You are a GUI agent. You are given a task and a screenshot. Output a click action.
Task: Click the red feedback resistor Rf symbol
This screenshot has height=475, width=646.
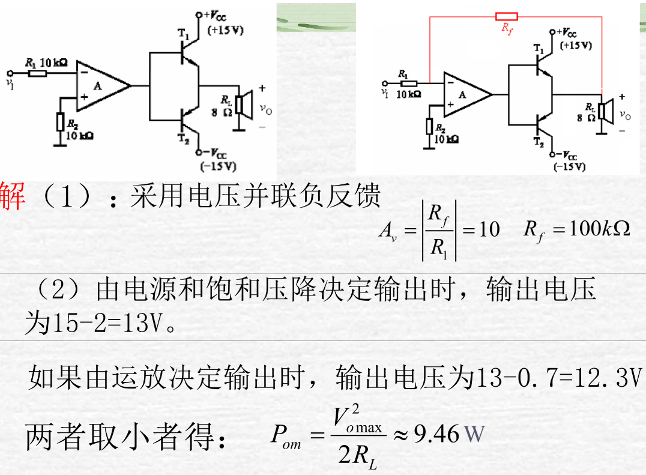pyautogui.click(x=506, y=16)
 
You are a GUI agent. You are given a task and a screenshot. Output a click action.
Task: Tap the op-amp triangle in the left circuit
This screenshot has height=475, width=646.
pyautogui.click(x=101, y=86)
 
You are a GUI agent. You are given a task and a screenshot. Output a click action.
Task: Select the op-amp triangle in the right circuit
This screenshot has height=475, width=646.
pyautogui.click(x=465, y=94)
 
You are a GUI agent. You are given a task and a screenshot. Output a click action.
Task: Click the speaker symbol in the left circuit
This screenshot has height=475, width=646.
pyautogui.click(x=243, y=104)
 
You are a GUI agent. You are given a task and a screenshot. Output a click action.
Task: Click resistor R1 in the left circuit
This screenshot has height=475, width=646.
pyautogui.click(x=37, y=73)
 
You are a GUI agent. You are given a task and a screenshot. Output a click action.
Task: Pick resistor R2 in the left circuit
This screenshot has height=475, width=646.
pyautogui.click(x=60, y=123)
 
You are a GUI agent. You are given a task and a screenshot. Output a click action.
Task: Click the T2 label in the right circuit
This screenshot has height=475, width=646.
pyautogui.click(x=539, y=142)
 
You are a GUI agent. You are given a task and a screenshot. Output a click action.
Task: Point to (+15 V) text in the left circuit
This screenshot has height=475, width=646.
pyautogui.click(x=225, y=30)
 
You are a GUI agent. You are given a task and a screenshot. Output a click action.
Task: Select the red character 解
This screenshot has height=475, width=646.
pyautogui.click(x=13, y=196)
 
